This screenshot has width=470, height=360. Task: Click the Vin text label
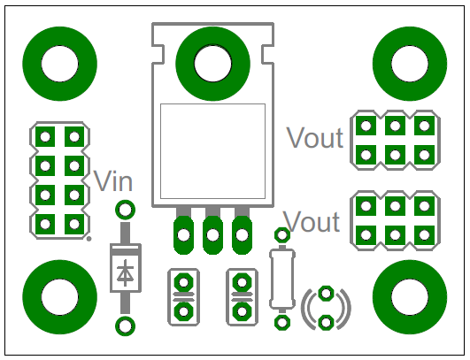point(113,181)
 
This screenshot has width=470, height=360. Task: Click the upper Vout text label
point(315,137)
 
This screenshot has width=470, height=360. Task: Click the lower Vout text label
point(312,221)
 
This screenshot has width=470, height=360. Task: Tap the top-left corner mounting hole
point(60,64)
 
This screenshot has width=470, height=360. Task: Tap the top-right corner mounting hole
point(410,64)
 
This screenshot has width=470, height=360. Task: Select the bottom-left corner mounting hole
point(60,297)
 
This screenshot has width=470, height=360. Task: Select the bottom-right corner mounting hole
point(410,297)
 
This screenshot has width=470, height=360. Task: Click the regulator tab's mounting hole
point(212,64)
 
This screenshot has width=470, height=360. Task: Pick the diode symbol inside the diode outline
point(126,273)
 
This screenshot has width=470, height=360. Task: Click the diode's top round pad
point(126,210)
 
